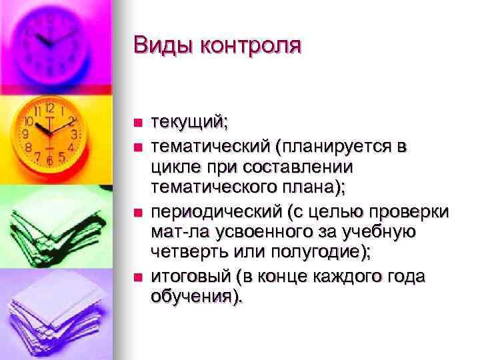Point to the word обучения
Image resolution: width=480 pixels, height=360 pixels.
pos(195,297)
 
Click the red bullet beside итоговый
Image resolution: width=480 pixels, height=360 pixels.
pos(138,276)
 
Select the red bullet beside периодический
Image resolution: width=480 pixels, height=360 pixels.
pos(138,212)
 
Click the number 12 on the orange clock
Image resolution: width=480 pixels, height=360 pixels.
pos(50,107)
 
